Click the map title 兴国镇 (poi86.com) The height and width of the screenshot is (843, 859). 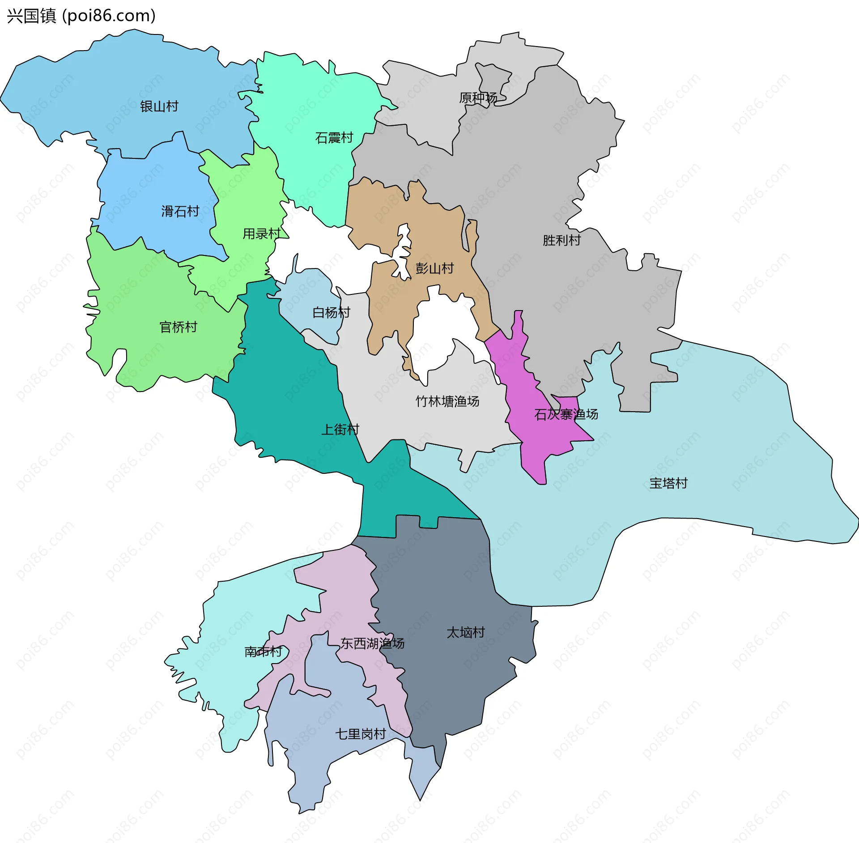pos(81,16)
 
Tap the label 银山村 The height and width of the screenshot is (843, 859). pos(159,106)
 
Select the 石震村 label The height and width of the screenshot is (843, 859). pos(334,138)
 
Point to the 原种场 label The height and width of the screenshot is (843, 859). pos(478,98)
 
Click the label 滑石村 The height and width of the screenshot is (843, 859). pos(180,211)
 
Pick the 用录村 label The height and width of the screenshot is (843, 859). pos(262,234)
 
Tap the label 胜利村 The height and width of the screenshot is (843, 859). pos(561,240)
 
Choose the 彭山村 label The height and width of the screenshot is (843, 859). pos(434,268)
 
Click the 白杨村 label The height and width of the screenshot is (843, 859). pos(331,312)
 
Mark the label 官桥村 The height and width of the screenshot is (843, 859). pos(179,327)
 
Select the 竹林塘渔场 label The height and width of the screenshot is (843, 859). pos(447,401)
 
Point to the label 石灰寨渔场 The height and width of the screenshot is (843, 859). pos(566,414)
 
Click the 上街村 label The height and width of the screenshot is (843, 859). pos(340,430)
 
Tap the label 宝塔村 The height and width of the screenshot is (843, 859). pos(668,483)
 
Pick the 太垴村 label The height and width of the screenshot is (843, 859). pos(466,632)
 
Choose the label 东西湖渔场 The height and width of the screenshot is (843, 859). pos(372,643)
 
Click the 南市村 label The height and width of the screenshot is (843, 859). pos(263,651)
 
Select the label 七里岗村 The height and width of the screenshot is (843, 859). pos(360,734)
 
